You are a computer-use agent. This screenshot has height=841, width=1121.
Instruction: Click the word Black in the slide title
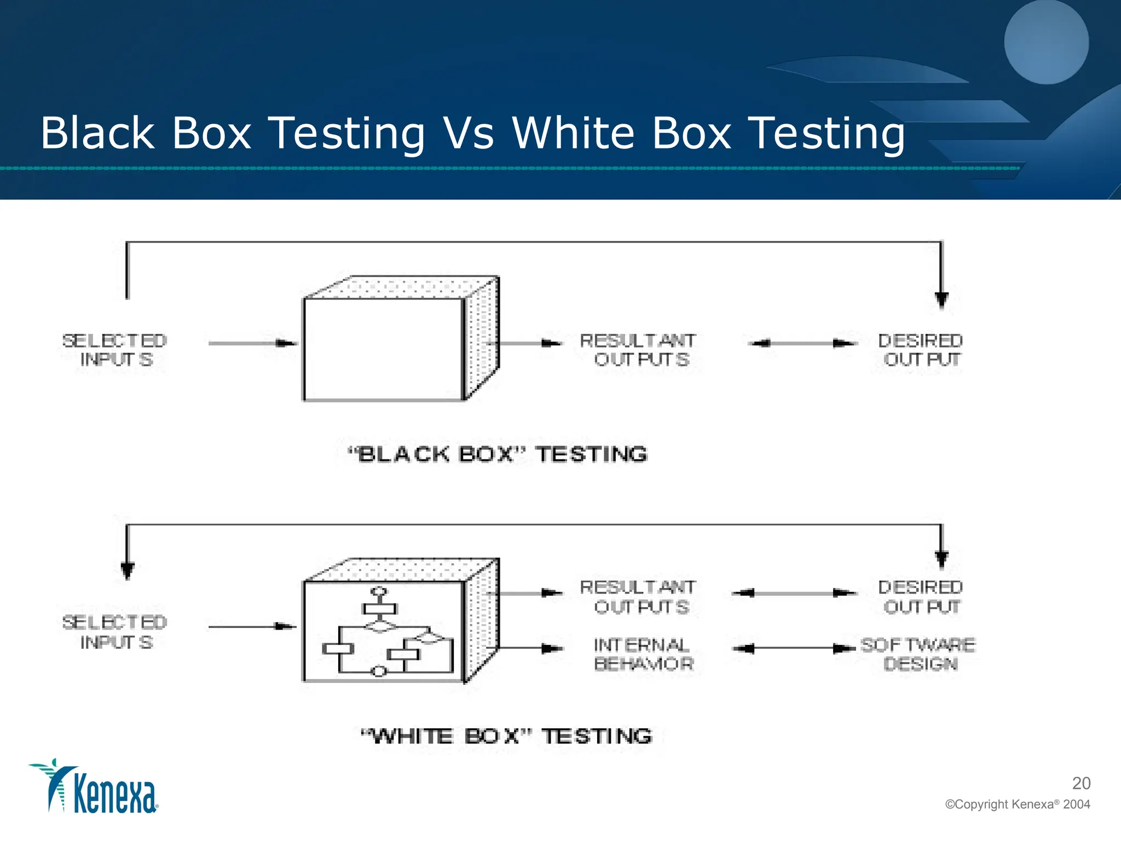(98, 133)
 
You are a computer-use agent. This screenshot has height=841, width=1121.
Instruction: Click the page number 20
(1081, 783)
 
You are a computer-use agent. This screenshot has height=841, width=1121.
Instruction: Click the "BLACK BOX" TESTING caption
(498, 454)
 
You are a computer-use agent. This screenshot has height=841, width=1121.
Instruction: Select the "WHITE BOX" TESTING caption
(507, 736)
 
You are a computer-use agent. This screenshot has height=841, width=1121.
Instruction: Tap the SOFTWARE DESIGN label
(918, 654)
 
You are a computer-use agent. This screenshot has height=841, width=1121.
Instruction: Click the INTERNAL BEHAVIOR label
(643, 654)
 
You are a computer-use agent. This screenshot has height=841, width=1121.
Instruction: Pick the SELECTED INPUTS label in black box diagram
(114, 350)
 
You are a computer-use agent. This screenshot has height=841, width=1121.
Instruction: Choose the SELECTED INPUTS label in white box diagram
(114, 632)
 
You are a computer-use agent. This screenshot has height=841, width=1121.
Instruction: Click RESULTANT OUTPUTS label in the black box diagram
(638, 350)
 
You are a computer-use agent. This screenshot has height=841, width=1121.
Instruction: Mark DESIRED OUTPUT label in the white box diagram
(920, 597)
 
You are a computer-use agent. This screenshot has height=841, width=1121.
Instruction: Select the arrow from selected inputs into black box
(252, 343)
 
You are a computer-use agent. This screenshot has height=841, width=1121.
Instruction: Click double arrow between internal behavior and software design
(794, 649)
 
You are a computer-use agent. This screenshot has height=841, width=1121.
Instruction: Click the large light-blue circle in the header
(1046, 42)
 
